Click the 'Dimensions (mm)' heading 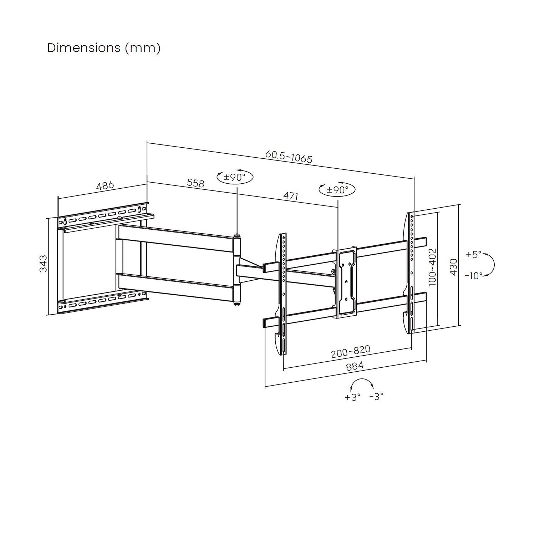click(x=104, y=48)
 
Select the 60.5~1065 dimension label click(x=289, y=156)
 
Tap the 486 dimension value click(x=105, y=186)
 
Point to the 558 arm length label click(x=195, y=183)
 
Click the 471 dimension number click(x=290, y=196)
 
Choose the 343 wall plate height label click(x=43, y=263)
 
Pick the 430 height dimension click(x=453, y=266)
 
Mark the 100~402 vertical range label click(x=432, y=267)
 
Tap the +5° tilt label click(x=473, y=254)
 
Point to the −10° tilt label click(x=473, y=275)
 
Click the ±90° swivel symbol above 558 click(x=235, y=177)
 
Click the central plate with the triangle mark click(x=345, y=282)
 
